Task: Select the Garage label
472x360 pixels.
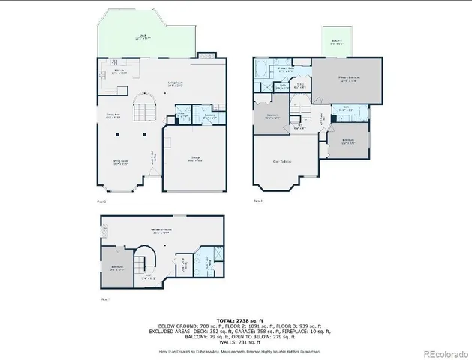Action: click(195, 159)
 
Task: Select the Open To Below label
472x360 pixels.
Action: click(282, 161)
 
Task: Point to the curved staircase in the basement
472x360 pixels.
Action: click(142, 262)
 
